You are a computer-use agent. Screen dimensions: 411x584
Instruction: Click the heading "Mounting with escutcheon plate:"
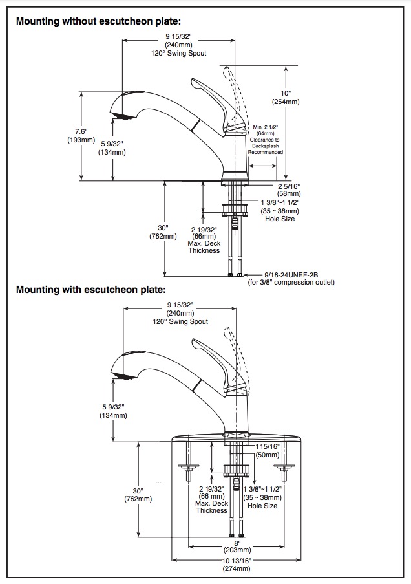[x=91, y=289]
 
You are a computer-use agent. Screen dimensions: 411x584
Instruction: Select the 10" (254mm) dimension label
[x=286, y=98]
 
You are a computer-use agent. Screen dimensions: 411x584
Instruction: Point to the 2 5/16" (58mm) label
[x=289, y=189]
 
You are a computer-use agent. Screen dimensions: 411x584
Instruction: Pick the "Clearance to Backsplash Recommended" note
[x=266, y=146]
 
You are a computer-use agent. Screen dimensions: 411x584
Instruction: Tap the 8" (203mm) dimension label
[x=237, y=546]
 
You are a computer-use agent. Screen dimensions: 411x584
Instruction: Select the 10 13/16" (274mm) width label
[x=237, y=565]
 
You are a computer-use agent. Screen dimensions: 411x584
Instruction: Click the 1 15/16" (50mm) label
[x=268, y=450]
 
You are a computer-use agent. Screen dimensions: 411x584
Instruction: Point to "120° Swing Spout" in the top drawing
[x=179, y=53]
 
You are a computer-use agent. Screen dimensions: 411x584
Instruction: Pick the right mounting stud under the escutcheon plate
[x=284, y=462]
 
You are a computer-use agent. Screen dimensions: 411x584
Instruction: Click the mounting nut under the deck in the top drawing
[x=235, y=210]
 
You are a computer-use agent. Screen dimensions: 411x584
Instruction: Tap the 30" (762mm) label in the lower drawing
[x=138, y=495]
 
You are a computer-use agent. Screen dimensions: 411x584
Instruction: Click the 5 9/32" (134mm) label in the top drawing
[x=112, y=148]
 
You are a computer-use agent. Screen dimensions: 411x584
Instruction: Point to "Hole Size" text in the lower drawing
[x=262, y=506]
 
